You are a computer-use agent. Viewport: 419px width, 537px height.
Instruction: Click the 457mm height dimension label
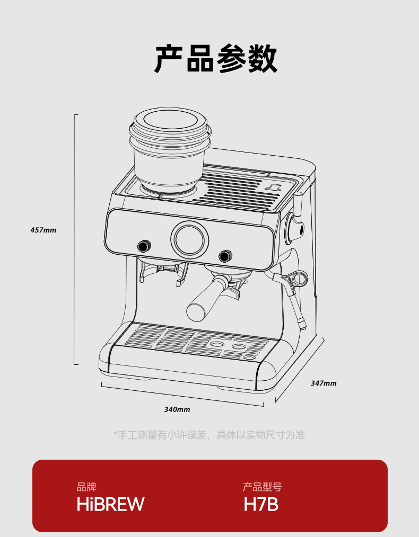pos(43,230)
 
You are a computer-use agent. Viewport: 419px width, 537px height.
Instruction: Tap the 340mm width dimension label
pos(177,409)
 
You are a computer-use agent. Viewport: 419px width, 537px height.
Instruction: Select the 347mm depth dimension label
pos(324,383)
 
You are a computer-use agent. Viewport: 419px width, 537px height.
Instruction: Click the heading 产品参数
pos(216,59)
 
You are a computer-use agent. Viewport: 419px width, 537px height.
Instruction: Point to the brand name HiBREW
pos(110,504)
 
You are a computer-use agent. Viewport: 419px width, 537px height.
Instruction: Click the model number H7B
pos(261,504)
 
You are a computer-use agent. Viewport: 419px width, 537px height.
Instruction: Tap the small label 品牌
pos(86,487)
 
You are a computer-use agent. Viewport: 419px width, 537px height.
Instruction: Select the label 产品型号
pos(262,487)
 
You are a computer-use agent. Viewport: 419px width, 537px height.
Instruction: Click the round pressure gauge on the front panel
pos(189,238)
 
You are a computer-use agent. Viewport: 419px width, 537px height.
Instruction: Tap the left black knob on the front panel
pos(143,246)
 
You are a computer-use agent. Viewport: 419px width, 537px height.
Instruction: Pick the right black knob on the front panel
pos(225,256)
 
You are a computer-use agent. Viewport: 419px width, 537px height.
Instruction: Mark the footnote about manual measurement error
pos(210,435)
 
